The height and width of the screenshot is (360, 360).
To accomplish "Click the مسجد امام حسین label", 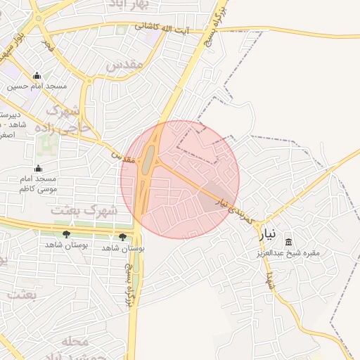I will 37,86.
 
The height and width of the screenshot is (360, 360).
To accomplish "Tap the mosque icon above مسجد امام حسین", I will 37,76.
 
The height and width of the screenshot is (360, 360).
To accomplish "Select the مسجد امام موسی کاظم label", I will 38,184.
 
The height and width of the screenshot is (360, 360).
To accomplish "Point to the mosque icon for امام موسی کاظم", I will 38,169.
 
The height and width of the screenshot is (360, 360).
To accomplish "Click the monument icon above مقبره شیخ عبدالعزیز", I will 290,242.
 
